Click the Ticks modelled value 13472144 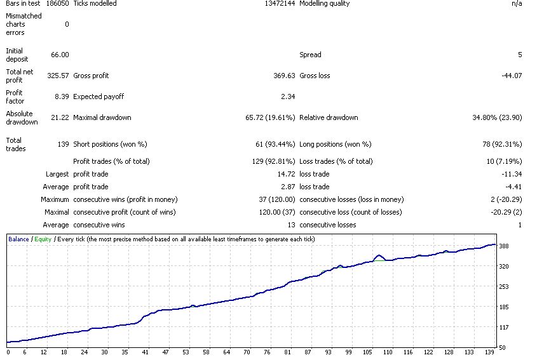pyautogui.click(x=280, y=3)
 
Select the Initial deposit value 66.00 pyautogui.click(x=60, y=55)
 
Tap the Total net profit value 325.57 pyautogui.click(x=58, y=76)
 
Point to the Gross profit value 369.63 pyautogui.click(x=284, y=76)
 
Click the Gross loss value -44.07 pyautogui.click(x=512, y=76)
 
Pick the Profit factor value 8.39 pyautogui.click(x=62, y=97)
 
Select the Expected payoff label pyautogui.click(x=99, y=97)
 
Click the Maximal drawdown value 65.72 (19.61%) pyautogui.click(x=270, y=117)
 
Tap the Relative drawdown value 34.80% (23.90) pyautogui.click(x=497, y=117)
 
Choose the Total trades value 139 pyautogui.click(x=64, y=144)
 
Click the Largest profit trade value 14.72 pyautogui.click(x=287, y=174)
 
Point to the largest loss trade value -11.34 pyautogui.click(x=512, y=174)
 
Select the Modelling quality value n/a pyautogui.click(x=517, y=3)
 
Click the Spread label pyautogui.click(x=310, y=55)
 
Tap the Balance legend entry pyautogui.click(x=18, y=239)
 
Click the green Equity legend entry pyautogui.click(x=43, y=239)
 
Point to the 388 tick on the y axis pyautogui.click(x=504, y=246)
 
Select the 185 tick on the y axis pyautogui.click(x=504, y=307)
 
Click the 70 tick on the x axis pyautogui.click(x=247, y=352)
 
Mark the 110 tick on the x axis pyautogui.click(x=388, y=352)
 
